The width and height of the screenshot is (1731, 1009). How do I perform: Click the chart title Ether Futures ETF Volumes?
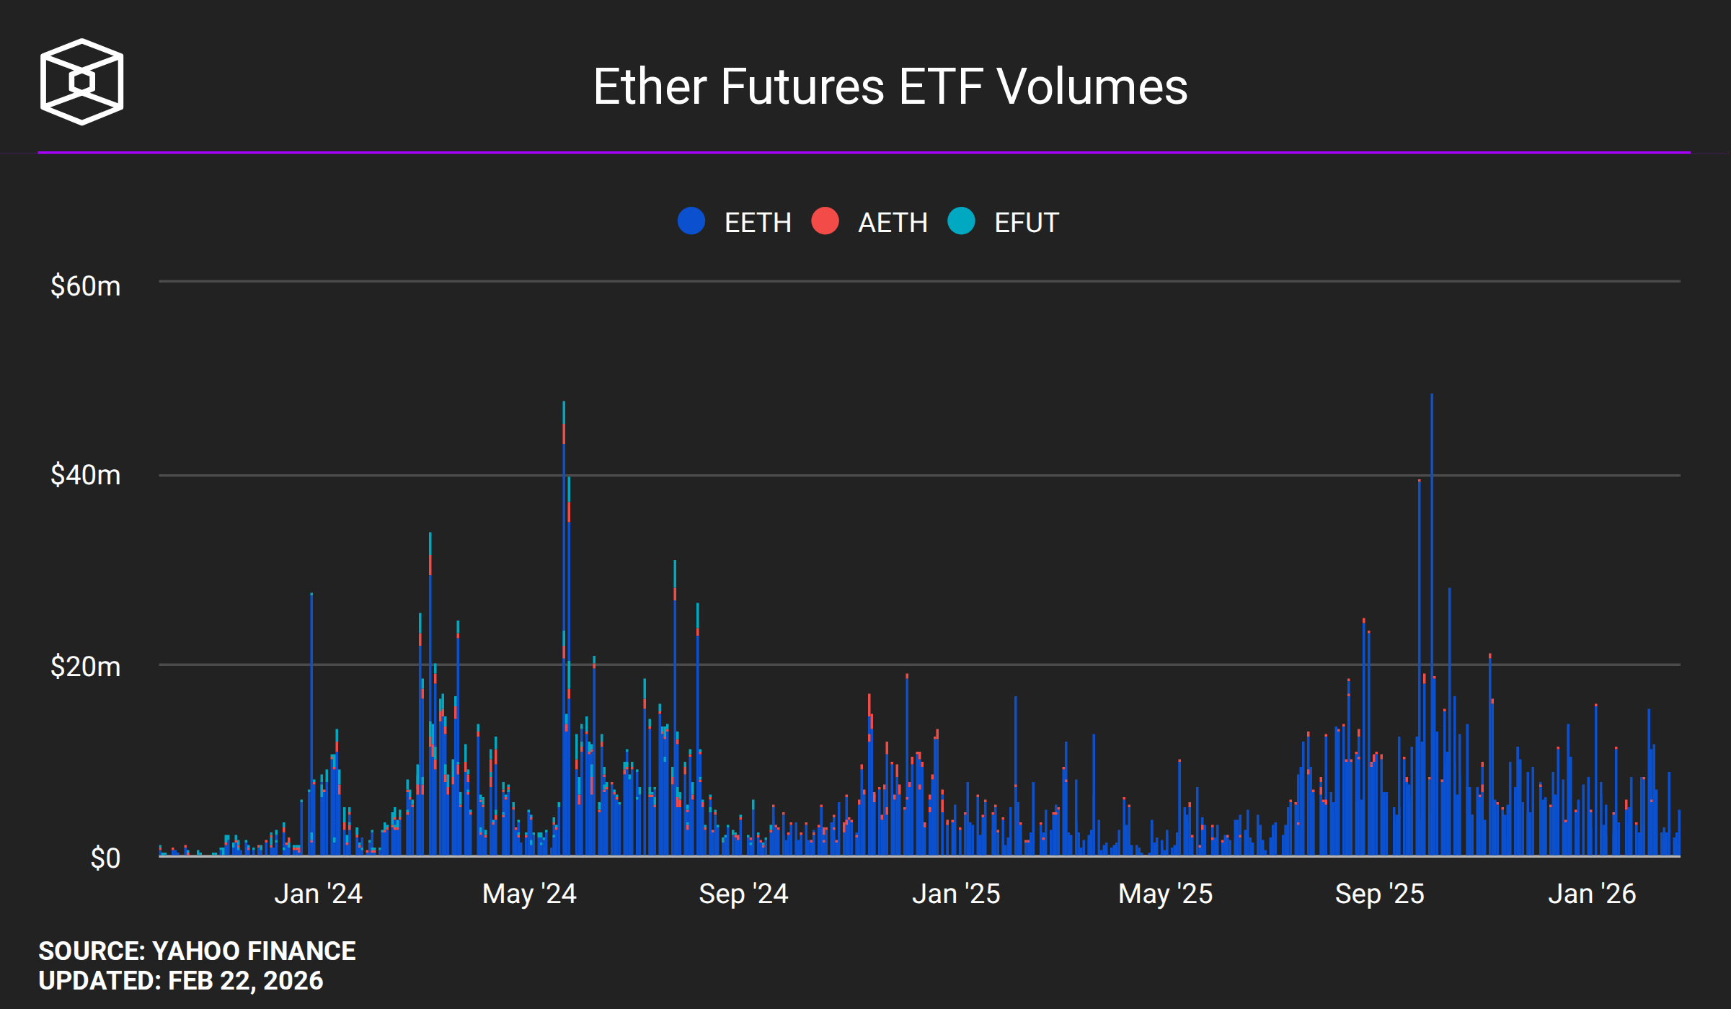[890, 86]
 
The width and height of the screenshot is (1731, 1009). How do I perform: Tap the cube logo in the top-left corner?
[81, 81]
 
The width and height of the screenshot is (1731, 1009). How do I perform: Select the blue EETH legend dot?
[691, 221]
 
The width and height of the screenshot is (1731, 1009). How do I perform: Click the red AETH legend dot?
[825, 221]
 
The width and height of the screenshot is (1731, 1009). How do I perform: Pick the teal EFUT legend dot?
[961, 221]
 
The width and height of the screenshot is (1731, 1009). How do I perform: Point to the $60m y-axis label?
[85, 286]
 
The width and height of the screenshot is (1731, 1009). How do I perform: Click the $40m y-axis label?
[85, 475]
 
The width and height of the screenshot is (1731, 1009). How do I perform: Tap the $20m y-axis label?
[85, 667]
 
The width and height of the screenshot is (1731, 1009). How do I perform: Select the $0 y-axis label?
[105, 858]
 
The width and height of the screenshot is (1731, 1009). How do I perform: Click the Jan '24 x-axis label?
[318, 894]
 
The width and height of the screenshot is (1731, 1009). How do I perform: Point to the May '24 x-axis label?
[529, 894]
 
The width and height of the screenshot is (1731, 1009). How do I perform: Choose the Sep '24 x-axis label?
[743, 894]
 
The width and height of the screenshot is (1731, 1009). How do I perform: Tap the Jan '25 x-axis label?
[956, 894]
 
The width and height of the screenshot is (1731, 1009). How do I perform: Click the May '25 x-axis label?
[1165, 894]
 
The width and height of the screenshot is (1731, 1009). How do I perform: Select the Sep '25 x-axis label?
[1379, 894]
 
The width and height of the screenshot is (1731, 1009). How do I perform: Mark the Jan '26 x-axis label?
[1592, 894]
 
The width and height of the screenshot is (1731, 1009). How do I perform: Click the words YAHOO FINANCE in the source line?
[254, 951]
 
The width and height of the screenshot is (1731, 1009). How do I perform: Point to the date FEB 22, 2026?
[245, 981]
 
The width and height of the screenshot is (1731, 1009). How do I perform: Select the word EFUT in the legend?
[1027, 223]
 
